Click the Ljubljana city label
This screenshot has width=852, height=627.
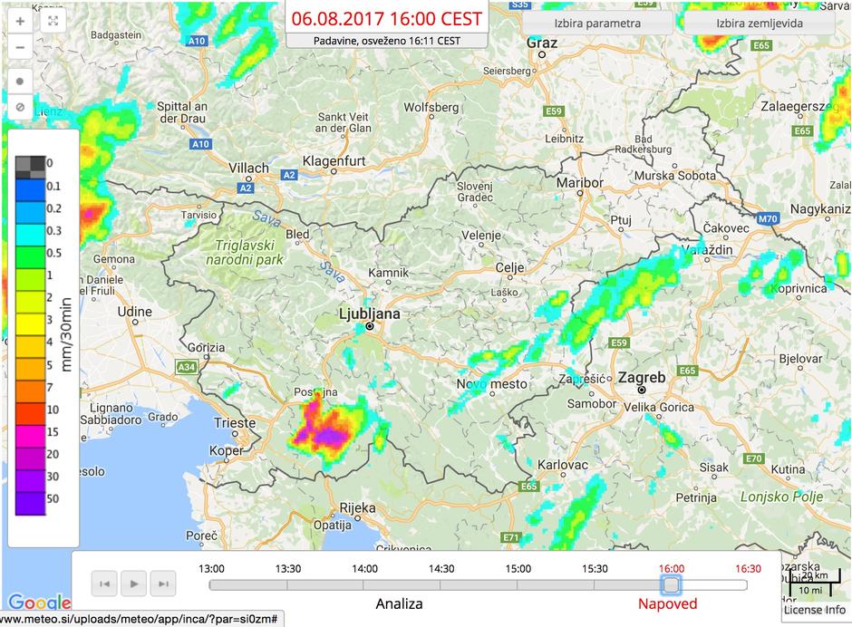point(368,313)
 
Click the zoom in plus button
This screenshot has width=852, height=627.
point(20,21)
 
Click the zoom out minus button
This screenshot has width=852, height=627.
point(20,47)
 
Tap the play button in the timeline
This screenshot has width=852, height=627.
point(134,584)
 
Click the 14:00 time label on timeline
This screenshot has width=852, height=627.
point(365,569)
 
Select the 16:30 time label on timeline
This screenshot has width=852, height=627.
point(748,569)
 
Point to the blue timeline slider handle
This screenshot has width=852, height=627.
point(670,584)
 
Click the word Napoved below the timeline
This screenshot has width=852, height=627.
point(667,604)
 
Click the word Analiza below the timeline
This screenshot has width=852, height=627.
point(399,604)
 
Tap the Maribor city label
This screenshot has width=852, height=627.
point(579,182)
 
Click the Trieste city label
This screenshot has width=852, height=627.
point(235,423)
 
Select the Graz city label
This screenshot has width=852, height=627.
point(542,42)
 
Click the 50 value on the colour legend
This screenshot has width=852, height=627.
point(53,497)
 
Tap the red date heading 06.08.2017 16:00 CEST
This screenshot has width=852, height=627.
point(387,19)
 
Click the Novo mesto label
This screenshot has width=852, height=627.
point(484,384)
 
